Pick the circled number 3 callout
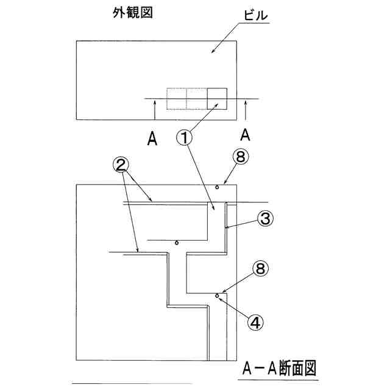click(263, 219)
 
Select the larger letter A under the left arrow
click(153, 139)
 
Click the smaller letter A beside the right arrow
click(245, 133)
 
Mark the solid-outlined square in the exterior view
click(218, 98)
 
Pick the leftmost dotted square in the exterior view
click(177, 98)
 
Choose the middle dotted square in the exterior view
click(197, 98)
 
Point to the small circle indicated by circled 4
click(217, 296)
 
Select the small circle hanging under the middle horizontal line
click(176, 243)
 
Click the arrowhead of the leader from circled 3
click(226, 227)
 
